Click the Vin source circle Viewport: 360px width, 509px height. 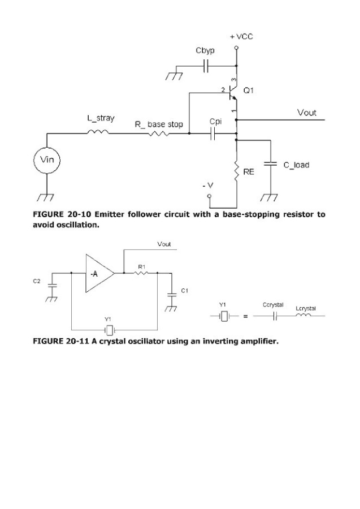(46, 161)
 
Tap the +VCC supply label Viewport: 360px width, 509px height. (241, 36)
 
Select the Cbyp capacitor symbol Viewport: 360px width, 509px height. (206, 67)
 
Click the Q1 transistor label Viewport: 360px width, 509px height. (249, 90)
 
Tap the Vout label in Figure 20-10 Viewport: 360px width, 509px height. (307, 113)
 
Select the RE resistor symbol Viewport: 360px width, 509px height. (236, 168)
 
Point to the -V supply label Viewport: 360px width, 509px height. (209, 187)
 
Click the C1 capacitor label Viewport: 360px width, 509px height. (184, 290)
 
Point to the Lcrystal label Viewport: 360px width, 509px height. (305, 308)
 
